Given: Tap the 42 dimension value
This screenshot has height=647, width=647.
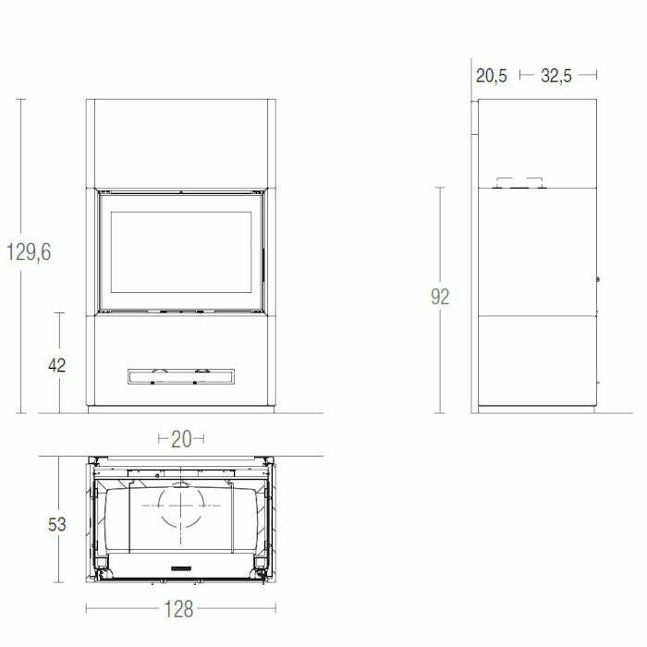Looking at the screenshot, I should [x=56, y=364].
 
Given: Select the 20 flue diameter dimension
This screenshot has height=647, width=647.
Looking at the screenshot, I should [x=181, y=438].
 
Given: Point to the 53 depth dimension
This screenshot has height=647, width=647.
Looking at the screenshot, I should [x=56, y=524].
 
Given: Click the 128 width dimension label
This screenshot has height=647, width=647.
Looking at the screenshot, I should [x=181, y=608].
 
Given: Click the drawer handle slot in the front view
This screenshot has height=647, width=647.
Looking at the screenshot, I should [x=181, y=375].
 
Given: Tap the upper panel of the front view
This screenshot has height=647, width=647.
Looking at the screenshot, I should [x=181, y=143].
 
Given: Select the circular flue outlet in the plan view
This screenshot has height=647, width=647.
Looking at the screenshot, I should [x=181, y=507].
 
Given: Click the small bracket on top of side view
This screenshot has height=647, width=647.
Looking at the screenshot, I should [x=520, y=183].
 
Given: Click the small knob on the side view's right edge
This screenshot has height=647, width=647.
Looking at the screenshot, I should [x=598, y=278].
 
